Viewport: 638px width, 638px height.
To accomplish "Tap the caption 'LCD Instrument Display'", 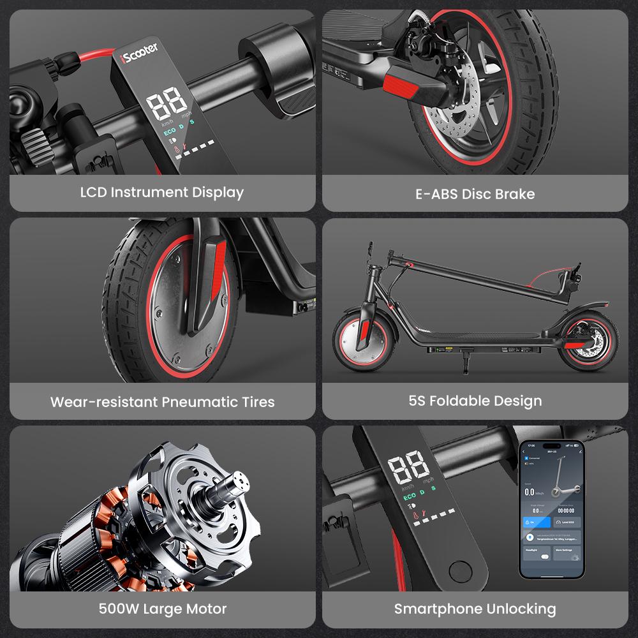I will pyautogui.click(x=162, y=192).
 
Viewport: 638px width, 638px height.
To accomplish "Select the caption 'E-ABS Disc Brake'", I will pyautogui.click(x=475, y=194).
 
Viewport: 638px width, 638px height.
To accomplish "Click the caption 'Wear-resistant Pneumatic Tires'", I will pyautogui.click(x=162, y=402).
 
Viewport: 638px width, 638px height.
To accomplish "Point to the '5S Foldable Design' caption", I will pyautogui.click(x=475, y=401).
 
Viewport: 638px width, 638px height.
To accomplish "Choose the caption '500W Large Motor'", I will pyautogui.click(x=162, y=609).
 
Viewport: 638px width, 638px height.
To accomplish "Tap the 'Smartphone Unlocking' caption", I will pyautogui.click(x=475, y=609).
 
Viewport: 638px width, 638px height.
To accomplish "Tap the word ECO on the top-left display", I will pyautogui.click(x=170, y=133).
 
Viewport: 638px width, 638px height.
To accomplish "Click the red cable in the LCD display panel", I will pyautogui.click(x=89, y=56).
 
